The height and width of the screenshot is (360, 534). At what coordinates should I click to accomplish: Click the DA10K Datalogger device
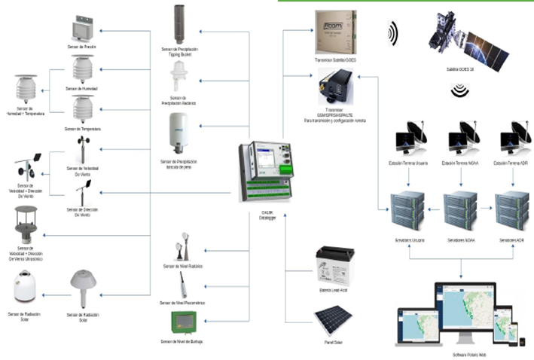click(x=267, y=170)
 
